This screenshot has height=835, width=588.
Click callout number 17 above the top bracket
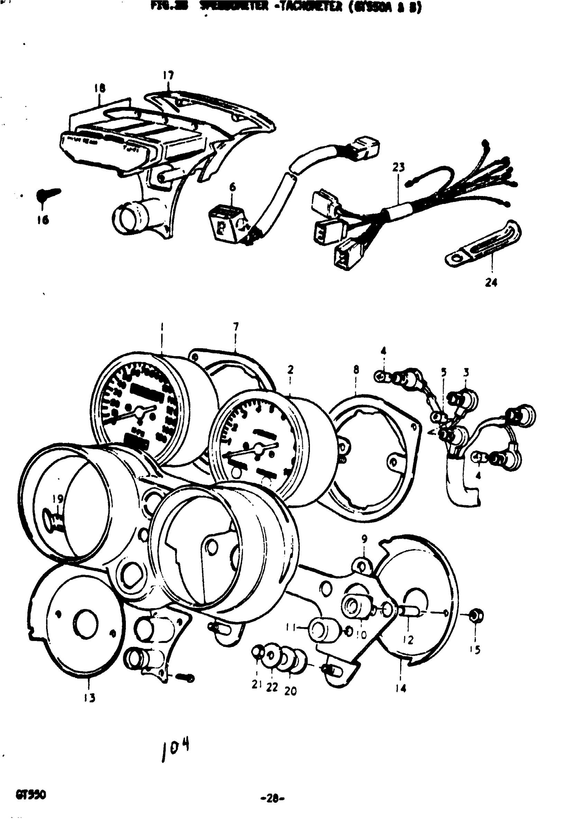pyautogui.click(x=168, y=75)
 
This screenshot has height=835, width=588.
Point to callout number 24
pyautogui.click(x=491, y=282)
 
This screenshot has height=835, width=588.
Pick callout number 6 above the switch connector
pyautogui.click(x=232, y=187)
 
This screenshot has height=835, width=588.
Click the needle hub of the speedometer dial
pyautogui.click(x=138, y=411)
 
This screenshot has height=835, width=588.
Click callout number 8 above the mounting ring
pyautogui.click(x=356, y=370)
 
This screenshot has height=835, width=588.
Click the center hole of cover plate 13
pyautogui.click(x=86, y=623)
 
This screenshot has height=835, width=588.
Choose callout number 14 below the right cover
pyautogui.click(x=401, y=688)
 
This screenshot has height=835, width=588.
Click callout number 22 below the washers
pyautogui.click(x=272, y=687)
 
